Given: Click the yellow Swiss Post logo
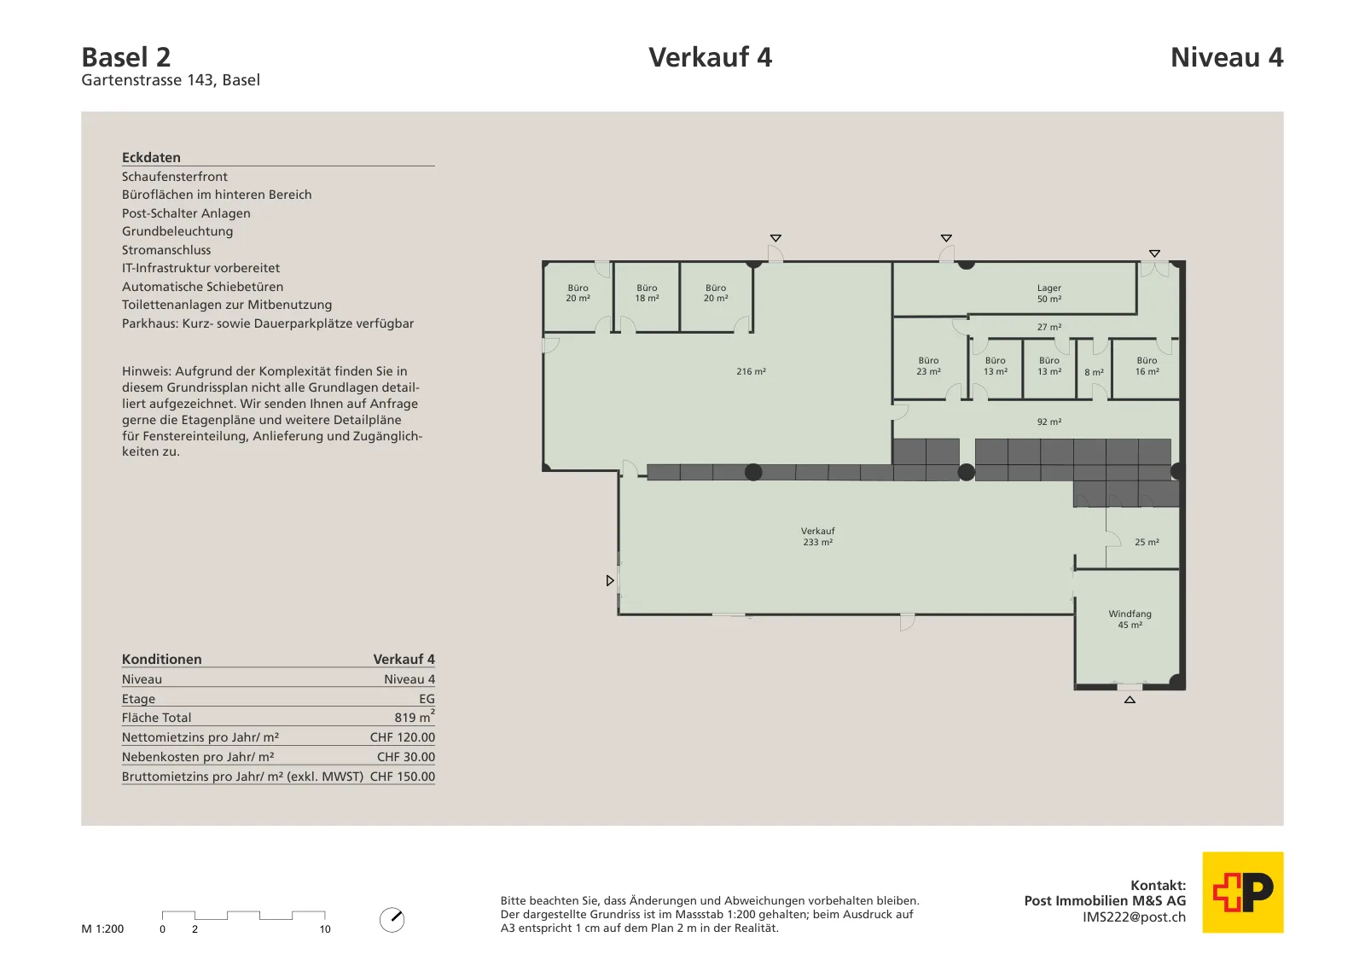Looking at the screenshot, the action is pos(1242,892).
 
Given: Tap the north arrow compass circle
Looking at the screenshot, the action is pos(392,920).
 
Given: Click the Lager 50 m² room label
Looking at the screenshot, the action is pos(1048,294).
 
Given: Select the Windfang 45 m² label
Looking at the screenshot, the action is pos(1130,620).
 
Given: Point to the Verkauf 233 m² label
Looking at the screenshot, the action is pos(817,536).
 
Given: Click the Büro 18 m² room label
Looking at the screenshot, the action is pos(647,293).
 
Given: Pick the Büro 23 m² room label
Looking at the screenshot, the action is pos(928,366).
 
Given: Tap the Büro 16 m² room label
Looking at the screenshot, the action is pos(1147,366).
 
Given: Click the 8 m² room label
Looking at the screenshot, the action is pos(1094,372).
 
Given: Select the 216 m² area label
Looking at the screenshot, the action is pos(751,371).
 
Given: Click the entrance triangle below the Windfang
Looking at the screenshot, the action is pos(1130,700).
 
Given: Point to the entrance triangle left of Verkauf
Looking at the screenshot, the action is pos(609,580).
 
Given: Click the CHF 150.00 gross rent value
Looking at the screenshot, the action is pos(402,776).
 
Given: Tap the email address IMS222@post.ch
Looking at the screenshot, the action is pos(1134,917).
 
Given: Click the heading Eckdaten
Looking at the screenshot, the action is pos(151,157).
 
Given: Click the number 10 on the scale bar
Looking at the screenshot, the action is pos(325,928).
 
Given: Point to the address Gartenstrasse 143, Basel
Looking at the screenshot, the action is pos(171,80).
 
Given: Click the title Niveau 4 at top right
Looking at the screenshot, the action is pos(1227,57).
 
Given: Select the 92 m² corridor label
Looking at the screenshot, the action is pos(1048,422).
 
